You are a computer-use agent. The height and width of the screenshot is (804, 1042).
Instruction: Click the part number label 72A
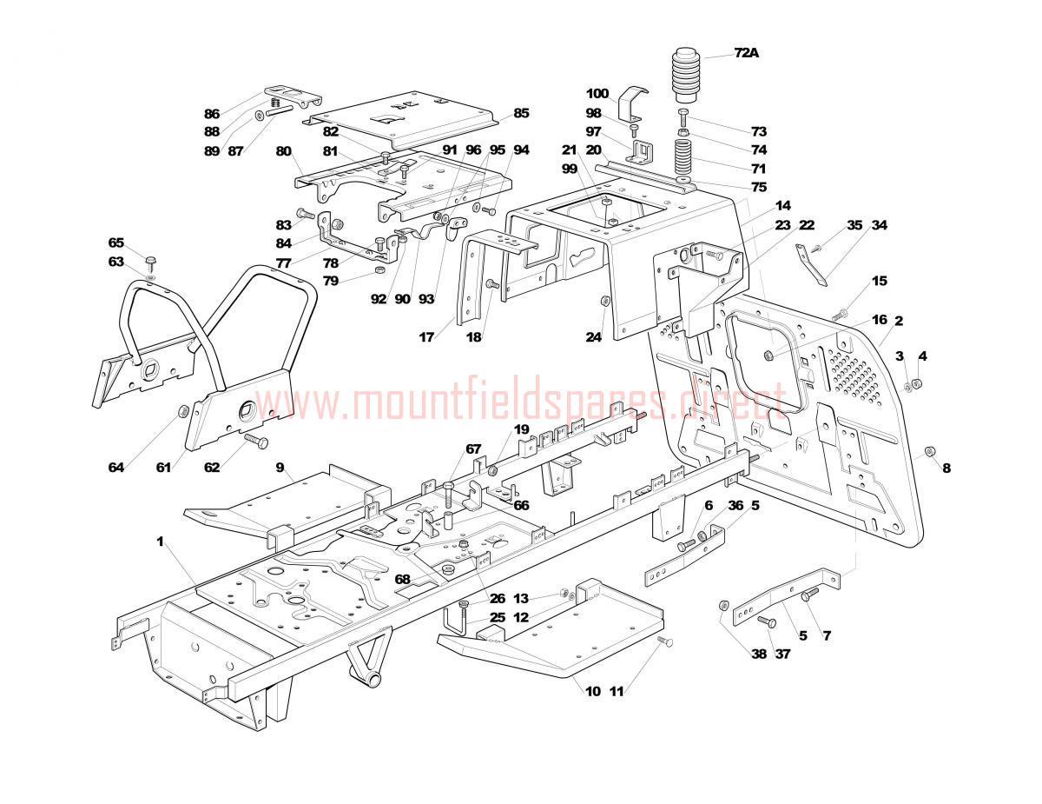pyautogui.click(x=746, y=53)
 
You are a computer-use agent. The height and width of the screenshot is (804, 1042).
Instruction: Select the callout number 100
pyautogui.click(x=597, y=94)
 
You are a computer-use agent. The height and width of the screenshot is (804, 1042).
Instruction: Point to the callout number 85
pyautogui.click(x=521, y=113)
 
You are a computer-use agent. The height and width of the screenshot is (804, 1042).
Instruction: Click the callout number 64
pyautogui.click(x=116, y=468)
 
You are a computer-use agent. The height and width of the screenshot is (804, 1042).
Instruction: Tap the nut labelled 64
pyautogui.click(x=183, y=410)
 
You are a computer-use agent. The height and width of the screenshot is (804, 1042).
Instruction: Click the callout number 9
pyautogui.click(x=280, y=468)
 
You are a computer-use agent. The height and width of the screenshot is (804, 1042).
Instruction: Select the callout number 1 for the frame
pyautogui.click(x=160, y=542)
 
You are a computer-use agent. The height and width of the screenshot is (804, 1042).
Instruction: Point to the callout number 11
pyautogui.click(x=617, y=692)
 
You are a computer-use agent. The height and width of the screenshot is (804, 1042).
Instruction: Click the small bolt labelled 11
pyautogui.click(x=666, y=641)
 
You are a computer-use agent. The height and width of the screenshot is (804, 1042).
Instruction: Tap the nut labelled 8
pyautogui.click(x=927, y=451)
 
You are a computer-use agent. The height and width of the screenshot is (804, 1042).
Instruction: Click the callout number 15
pyautogui.click(x=880, y=281)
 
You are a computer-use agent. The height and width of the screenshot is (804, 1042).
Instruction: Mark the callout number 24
pyautogui.click(x=592, y=338)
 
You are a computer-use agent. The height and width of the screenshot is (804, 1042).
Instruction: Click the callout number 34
pyautogui.click(x=879, y=226)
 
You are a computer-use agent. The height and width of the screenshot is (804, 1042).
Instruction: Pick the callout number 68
pyautogui.click(x=402, y=579)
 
